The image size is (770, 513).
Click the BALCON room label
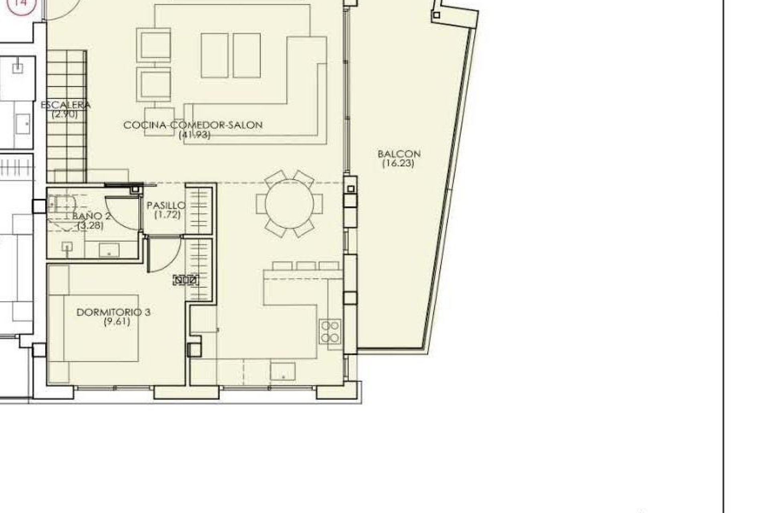399,154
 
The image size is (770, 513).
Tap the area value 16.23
398,164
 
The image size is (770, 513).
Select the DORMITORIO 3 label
113,312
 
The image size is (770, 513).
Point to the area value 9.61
117,322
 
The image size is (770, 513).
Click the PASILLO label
166,206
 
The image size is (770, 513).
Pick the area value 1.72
168,215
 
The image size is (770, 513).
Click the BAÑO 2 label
91,216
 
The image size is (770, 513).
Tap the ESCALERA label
66,105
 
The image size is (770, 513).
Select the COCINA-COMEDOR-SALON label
193,125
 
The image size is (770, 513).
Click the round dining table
289,204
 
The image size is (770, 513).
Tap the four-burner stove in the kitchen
330,332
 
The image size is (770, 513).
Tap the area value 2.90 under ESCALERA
65,114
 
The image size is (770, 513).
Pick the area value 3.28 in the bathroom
91,226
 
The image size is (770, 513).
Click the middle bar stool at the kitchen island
306,266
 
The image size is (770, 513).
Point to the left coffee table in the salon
215,55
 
